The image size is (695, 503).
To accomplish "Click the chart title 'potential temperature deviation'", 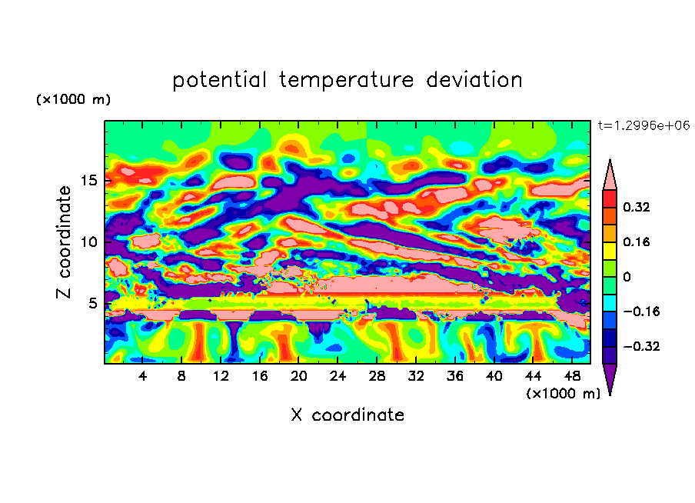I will [x=347, y=80].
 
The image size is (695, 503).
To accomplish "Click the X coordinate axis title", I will [x=347, y=415].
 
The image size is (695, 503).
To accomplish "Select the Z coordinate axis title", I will [x=65, y=242].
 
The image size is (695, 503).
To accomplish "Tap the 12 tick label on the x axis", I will [x=221, y=376].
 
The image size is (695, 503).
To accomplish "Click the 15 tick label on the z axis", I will [x=89, y=182].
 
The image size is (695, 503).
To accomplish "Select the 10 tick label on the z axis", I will [x=89, y=242].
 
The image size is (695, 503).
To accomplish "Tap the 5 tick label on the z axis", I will [x=93, y=303].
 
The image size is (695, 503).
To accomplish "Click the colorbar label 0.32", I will [x=637, y=207].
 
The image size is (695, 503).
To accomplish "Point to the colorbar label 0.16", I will [x=637, y=242].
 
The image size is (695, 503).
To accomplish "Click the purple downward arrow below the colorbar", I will [x=610, y=378].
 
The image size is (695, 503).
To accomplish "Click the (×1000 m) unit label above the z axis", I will [x=73, y=100].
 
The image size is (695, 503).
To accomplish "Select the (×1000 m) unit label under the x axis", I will [x=563, y=393].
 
